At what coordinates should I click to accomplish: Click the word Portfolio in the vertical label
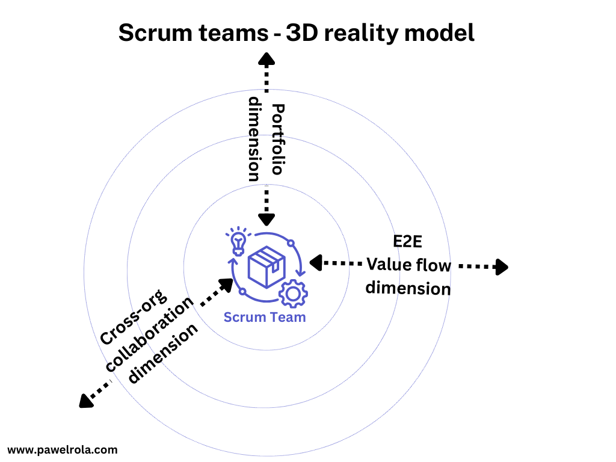coord(277,138)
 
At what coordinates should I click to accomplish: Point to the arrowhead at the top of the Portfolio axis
coord(266,58)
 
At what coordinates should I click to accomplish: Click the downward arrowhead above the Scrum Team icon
coord(266,219)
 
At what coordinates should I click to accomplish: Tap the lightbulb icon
coord(238,242)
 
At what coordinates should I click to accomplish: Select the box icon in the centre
coord(266,264)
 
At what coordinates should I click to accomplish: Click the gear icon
coord(293,294)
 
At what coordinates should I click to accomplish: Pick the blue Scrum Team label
coord(265,317)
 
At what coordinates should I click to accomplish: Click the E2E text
coord(408,242)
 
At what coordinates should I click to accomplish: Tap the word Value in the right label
coord(390,265)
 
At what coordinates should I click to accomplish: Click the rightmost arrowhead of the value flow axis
coord(501,266)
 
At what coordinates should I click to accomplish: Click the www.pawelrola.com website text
coord(63,449)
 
